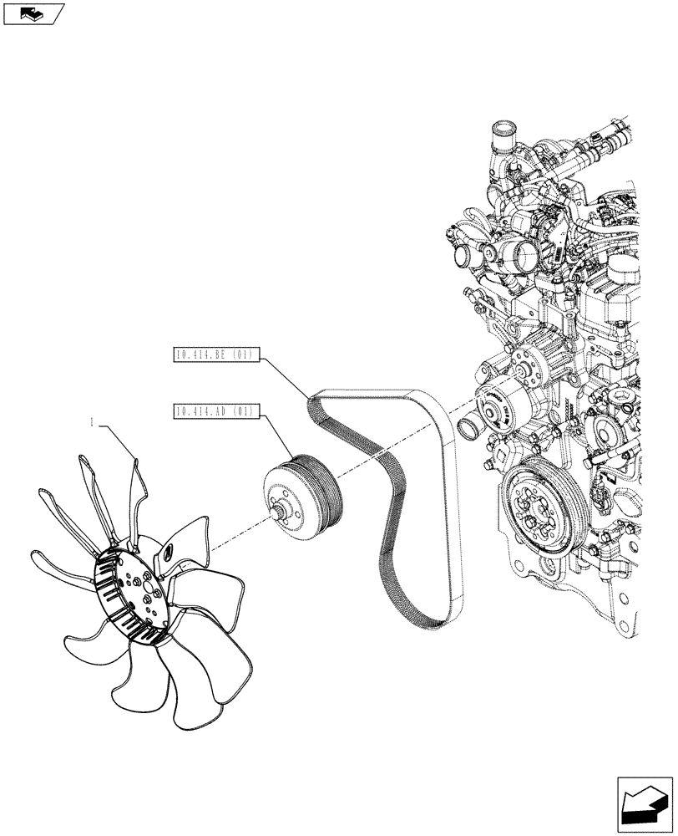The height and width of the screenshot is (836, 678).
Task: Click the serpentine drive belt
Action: (392, 535)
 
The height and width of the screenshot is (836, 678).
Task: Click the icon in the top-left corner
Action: (33, 13)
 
